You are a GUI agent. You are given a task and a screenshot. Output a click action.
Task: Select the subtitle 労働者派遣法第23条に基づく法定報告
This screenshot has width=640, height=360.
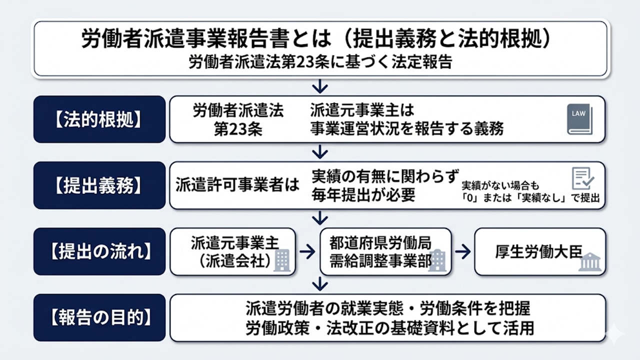[x=320, y=62]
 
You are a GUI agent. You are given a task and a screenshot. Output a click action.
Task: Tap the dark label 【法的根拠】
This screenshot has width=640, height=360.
[x=99, y=119]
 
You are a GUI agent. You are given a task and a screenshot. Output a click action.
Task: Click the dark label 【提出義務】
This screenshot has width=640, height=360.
[x=99, y=185]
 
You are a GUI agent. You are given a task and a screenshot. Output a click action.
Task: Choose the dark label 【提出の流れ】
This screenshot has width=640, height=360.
[x=99, y=251]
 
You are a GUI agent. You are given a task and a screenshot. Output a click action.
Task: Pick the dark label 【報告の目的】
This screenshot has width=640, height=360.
[x=99, y=317]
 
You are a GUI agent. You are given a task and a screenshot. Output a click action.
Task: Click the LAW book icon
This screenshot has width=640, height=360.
[x=579, y=119]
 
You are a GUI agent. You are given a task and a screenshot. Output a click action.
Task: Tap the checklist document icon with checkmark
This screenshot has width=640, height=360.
[x=582, y=178]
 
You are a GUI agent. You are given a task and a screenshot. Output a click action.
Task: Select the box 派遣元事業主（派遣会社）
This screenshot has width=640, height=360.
[x=233, y=251]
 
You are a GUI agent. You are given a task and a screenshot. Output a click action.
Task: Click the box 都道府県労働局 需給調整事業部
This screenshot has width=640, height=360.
[x=385, y=251]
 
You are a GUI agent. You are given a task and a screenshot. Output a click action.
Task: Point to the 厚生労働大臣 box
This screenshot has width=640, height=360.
[x=539, y=251]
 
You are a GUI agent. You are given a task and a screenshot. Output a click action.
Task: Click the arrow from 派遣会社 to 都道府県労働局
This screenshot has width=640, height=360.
[x=307, y=252]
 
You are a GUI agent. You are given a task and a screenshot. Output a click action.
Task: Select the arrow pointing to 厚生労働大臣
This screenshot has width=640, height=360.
[x=462, y=252]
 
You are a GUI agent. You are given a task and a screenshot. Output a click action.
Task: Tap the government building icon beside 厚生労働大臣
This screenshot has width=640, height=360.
[x=590, y=262]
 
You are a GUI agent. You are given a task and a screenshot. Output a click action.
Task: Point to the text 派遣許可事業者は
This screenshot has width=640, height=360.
[x=237, y=185]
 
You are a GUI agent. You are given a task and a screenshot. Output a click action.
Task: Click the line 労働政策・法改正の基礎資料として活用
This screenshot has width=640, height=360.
[x=390, y=328]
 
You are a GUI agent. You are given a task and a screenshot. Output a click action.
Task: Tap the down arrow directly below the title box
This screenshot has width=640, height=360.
[x=319, y=87]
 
